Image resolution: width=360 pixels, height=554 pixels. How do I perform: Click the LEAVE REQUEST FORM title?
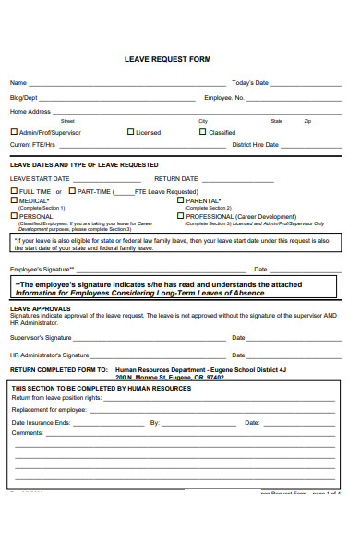[x=167, y=59]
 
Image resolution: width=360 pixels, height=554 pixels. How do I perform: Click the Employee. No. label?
[x=224, y=97]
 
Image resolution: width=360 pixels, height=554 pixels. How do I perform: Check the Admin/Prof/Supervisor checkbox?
[x=14, y=132]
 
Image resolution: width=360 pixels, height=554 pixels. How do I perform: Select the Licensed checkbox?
[x=131, y=132]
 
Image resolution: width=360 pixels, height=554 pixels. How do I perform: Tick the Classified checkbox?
[x=203, y=132]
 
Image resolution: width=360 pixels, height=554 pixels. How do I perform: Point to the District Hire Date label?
[x=256, y=145]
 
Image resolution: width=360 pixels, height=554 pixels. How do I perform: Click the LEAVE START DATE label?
[x=40, y=178]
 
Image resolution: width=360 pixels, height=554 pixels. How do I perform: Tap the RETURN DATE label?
[x=175, y=178]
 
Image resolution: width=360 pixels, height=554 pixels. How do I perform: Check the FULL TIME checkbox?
[x=14, y=191]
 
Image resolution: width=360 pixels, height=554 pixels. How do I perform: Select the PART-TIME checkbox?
[x=71, y=191]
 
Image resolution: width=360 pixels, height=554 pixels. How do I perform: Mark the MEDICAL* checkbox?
[x=14, y=200]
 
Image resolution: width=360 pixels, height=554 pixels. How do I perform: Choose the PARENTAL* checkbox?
[x=181, y=200]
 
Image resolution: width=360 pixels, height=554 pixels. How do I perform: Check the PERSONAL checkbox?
[x=14, y=215]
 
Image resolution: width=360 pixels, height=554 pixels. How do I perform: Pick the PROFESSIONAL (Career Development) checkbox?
[x=181, y=215]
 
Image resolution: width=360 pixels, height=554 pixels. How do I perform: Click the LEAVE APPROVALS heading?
[x=40, y=308]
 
